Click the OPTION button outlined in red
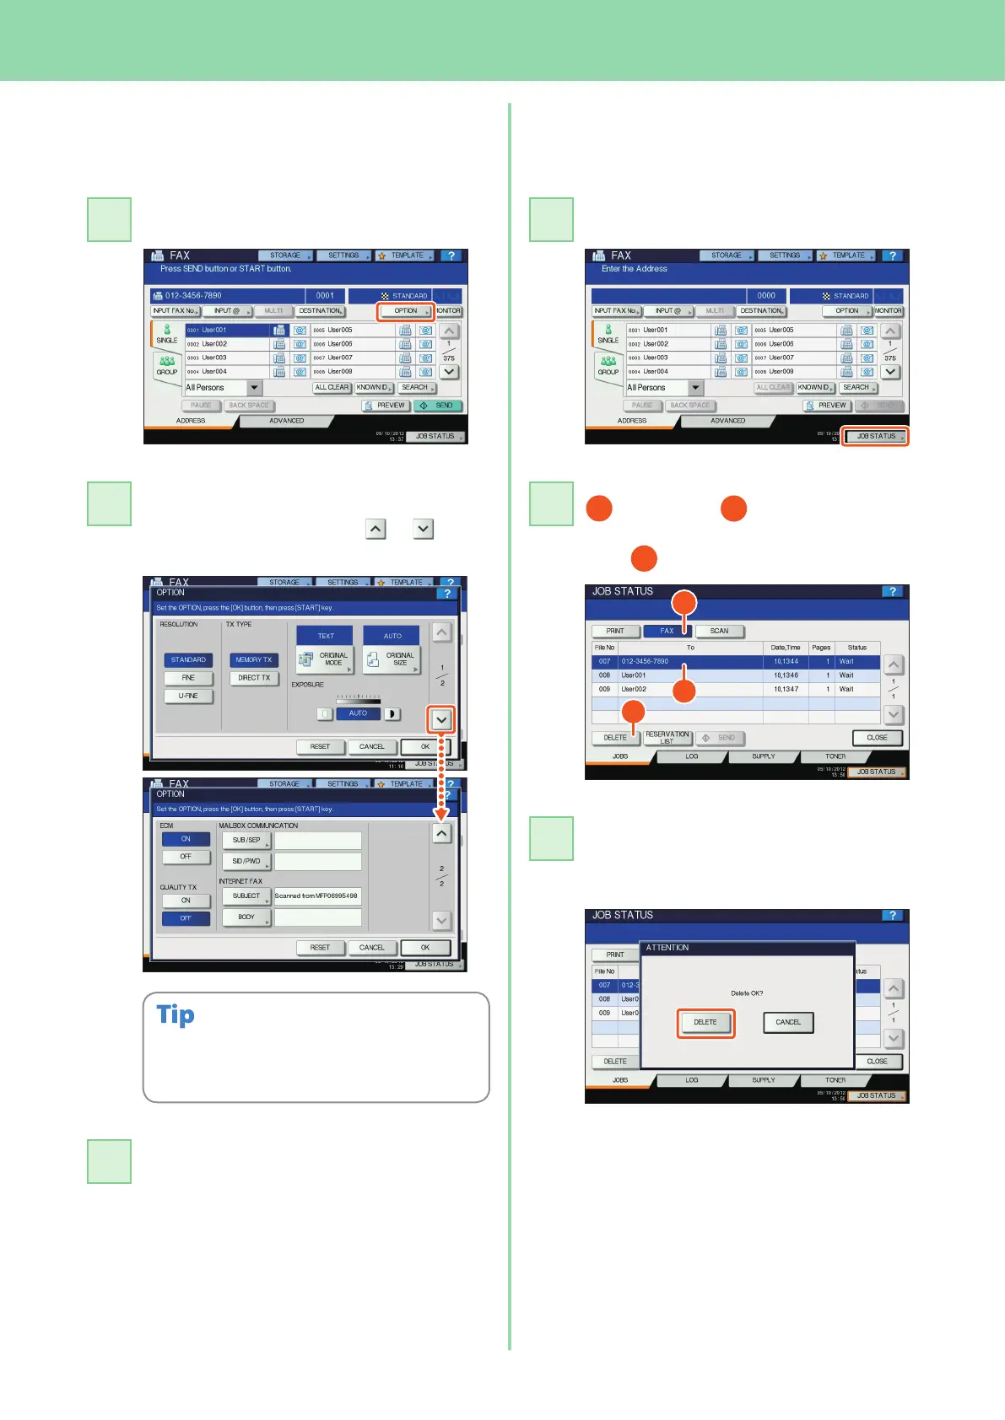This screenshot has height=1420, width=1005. point(406,311)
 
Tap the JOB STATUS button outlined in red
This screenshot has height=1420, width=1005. point(876,437)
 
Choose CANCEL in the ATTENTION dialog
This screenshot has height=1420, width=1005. point(788,1022)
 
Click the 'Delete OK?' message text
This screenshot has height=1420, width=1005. point(747,993)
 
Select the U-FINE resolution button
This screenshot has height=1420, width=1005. point(188,697)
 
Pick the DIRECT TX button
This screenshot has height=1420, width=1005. point(254,678)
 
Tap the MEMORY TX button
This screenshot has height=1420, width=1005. point(254,660)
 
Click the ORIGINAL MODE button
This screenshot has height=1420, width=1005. point(325,659)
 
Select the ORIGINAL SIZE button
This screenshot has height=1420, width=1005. point(392,659)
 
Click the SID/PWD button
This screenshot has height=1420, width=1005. point(246,861)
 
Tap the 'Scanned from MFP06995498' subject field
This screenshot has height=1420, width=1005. point(317,896)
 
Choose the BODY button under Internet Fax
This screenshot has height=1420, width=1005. point(246,917)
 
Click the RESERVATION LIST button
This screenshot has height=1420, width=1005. point(667,738)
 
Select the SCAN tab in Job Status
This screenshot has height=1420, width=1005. point(719,631)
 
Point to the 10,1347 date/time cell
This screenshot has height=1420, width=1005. point(786,690)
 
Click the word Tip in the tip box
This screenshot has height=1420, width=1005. point(176,1015)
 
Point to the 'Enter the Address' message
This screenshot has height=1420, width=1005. point(635,269)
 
